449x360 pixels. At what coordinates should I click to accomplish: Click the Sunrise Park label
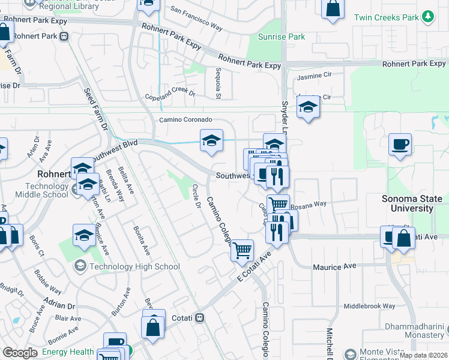[x=282, y=37]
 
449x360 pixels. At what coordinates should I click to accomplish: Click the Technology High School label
[x=133, y=266]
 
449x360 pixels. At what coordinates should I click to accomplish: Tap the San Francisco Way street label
[x=196, y=19]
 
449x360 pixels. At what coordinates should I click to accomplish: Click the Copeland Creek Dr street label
[x=170, y=95]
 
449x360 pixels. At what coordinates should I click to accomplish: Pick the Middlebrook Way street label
[x=369, y=306]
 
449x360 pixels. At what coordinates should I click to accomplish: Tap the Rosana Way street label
[x=309, y=204]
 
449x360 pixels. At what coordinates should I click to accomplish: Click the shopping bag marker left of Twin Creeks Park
[x=333, y=8]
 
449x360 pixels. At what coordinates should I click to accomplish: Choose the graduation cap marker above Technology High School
[x=85, y=236]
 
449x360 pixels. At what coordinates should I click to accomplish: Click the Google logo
[x=20, y=353]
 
